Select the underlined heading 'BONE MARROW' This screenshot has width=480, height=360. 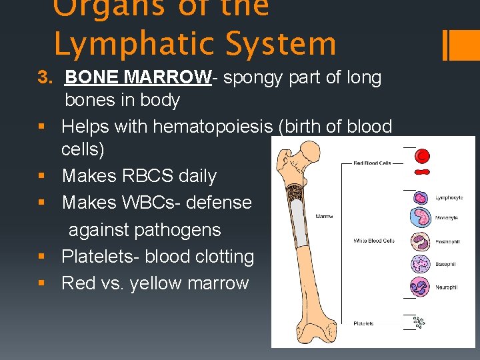click(138, 77)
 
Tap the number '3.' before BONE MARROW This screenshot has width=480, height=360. click(45, 77)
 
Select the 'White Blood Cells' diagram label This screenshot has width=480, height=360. click(374, 240)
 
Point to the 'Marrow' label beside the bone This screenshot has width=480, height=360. click(324, 216)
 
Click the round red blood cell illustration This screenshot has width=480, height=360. click(422, 157)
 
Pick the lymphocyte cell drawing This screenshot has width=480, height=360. click(421, 197)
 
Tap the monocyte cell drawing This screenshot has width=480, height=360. click(422, 218)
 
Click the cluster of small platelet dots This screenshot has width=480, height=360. click(419, 323)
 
